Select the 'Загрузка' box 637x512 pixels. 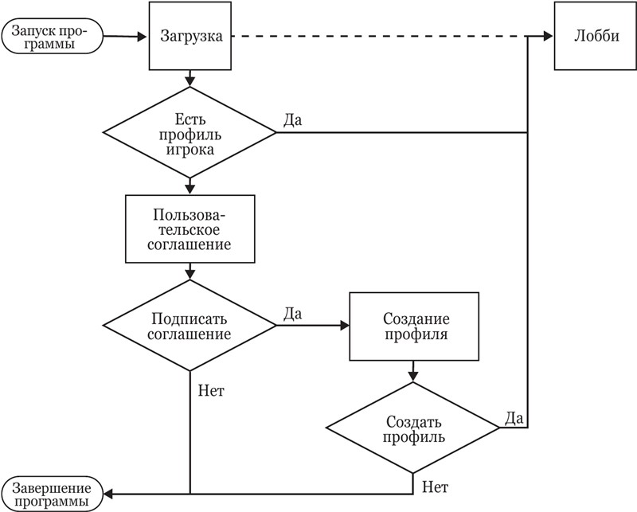190,37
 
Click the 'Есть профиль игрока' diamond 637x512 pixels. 190,132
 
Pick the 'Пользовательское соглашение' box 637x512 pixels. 190,230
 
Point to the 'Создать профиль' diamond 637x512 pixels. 414,429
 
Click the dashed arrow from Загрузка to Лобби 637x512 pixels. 382,37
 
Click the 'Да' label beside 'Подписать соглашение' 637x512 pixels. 291,314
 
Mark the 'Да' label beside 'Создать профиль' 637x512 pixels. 514,416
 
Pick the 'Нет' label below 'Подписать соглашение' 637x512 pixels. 210,391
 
